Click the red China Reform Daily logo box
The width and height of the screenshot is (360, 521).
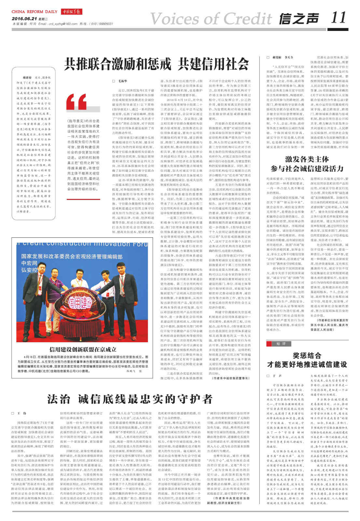pyautogui.click(x=71, y=12)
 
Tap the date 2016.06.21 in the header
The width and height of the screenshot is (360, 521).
pyautogui.click(x=24, y=19)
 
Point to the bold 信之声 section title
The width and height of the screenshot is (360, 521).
pyautogui.click(x=298, y=19)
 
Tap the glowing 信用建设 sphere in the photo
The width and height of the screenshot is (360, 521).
pyautogui.click(x=80, y=306)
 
